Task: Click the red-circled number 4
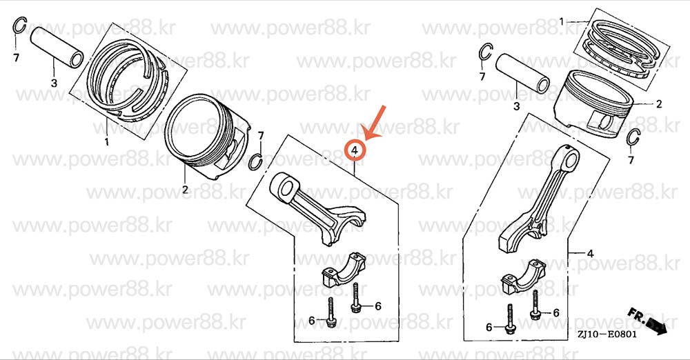tap(355, 150)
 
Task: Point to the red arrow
tap(374, 122)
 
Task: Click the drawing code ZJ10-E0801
tap(607, 334)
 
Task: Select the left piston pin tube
tap(57, 47)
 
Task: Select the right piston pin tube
tap(522, 73)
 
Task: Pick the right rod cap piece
tap(524, 277)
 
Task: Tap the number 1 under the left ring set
tap(106, 141)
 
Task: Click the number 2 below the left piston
tap(185, 190)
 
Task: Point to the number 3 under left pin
tap(54, 83)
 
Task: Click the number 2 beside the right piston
tap(659, 104)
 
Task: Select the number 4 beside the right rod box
tap(590, 254)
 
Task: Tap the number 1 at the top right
tap(562, 21)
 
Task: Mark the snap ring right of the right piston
tap(633, 137)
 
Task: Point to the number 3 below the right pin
tap(516, 106)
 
